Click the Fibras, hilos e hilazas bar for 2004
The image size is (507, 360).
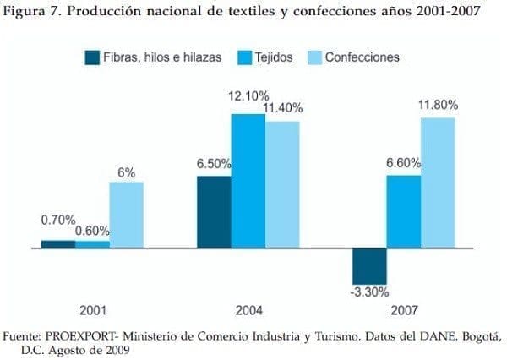point(214,211)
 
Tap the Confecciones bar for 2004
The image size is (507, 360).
point(282,184)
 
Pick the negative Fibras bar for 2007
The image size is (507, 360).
point(369,265)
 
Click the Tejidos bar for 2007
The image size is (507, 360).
point(404,211)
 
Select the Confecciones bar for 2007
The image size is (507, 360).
point(438,183)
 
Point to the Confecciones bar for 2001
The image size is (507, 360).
point(126,215)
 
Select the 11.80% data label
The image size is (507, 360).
point(438,105)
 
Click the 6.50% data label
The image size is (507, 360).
point(215,163)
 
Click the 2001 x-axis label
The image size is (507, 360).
point(92,309)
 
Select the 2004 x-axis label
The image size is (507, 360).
point(248,309)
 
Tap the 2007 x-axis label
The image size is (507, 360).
point(404,309)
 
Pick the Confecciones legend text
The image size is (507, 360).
point(362,57)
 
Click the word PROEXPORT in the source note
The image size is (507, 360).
point(81,336)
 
